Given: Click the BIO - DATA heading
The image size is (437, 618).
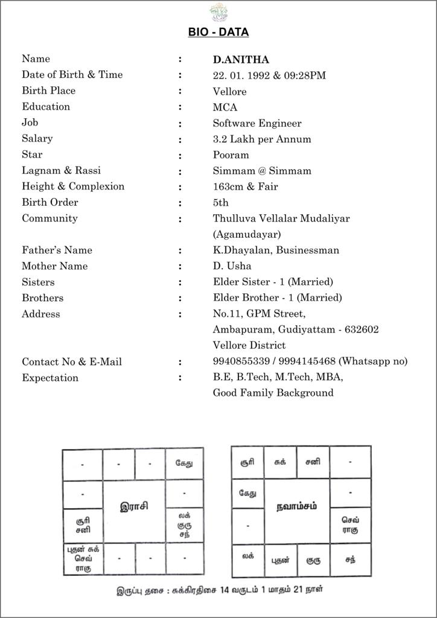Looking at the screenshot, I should tap(218, 32).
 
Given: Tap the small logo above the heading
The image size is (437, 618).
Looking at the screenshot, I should tap(218, 11).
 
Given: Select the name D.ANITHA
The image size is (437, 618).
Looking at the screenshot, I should tap(241, 60).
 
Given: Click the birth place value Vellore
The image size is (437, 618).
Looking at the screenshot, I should tap(229, 92).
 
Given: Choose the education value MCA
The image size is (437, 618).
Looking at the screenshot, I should tap(225, 107).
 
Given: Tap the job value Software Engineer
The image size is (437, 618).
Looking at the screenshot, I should tap(257, 123).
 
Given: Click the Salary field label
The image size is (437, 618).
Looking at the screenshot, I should tap(37, 138).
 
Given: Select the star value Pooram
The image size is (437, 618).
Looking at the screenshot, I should tap(231, 154).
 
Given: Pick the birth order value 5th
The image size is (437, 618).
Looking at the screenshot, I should tap(221, 202).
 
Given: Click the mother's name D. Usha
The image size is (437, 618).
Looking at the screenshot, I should tap(232, 266).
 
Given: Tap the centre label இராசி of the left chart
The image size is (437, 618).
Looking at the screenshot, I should tap(134, 506).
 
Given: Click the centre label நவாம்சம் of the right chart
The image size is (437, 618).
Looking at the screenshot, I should tap(296, 505).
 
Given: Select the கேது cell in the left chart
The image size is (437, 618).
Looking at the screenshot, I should tap(185, 463).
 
